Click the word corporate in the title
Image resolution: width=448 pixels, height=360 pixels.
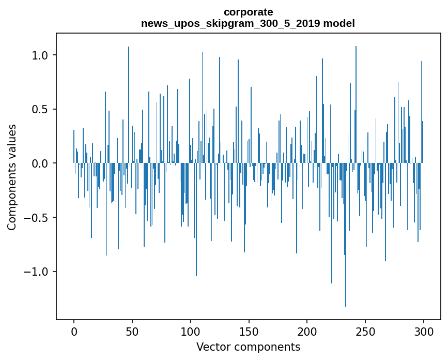pyautogui.click(x=248, y=12)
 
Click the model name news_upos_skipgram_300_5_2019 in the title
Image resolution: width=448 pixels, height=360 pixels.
pyautogui.click(x=230, y=23)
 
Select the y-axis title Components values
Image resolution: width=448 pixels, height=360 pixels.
pyautogui.click(x=12, y=177)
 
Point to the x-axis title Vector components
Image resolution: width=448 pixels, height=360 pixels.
pyautogui.click(x=248, y=347)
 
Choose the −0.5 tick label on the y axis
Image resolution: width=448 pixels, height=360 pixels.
pyautogui.click(x=37, y=218)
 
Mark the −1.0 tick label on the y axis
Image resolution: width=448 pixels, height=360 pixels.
pyautogui.click(x=37, y=272)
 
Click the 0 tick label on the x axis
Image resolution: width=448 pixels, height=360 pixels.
pyautogui.click(x=74, y=331)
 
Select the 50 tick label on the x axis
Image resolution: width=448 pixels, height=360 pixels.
pyautogui.click(x=132, y=331)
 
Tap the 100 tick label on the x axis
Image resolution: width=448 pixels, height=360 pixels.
pyautogui.click(x=191, y=331)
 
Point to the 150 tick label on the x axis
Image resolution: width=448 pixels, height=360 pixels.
pyautogui.click(x=249, y=331)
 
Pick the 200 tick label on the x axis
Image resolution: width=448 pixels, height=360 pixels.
pyautogui.click(x=307, y=331)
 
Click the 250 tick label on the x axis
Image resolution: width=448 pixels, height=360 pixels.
pyautogui.click(x=365, y=331)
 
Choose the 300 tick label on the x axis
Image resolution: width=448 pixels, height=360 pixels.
pyautogui.click(x=424, y=331)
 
